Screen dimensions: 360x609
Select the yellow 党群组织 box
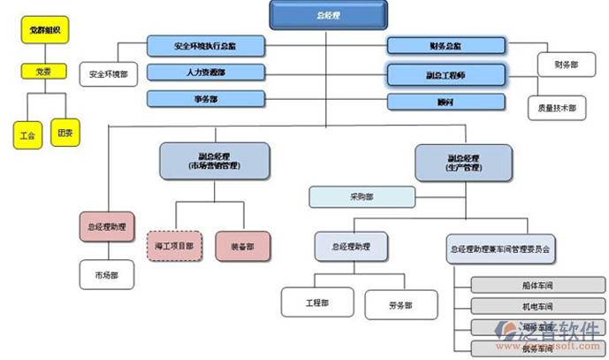[44, 33]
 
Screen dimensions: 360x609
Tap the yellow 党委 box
[43, 72]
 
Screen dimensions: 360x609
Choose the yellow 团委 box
[65, 134]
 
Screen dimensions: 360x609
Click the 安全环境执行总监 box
[204, 44]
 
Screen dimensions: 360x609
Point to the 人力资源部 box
[204, 73]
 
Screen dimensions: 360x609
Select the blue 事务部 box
[204, 99]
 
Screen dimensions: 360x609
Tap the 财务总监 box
[445, 45]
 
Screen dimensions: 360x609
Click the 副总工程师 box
[445, 75]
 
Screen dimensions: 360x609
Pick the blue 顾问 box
[445, 103]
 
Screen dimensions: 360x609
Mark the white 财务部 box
[567, 65]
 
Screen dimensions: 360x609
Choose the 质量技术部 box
[557, 108]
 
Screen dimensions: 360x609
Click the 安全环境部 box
[109, 75]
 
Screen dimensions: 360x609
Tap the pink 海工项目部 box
[175, 246]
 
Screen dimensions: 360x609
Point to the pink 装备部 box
[242, 246]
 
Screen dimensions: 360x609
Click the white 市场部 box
[108, 275]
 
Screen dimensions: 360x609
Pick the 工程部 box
[317, 303]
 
